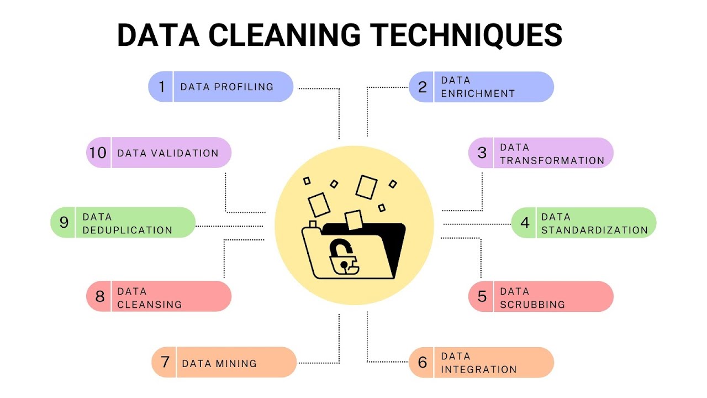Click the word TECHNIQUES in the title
pos(467,35)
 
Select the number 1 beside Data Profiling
pos(162,87)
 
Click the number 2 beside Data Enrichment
pos(423,87)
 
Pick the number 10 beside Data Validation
pos(98,153)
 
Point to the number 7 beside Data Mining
pos(165,362)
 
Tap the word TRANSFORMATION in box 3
pos(552,160)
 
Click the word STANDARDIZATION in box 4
pos(594,230)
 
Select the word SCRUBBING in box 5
pos(532,304)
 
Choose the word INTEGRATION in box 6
pos(478,369)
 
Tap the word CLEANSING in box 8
pos(149,304)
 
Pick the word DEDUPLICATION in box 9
pos(127,230)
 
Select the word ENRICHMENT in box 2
pos(478,93)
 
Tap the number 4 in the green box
pos(525,223)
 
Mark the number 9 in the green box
pos(64,222)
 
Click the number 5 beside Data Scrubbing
pos(482,296)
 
